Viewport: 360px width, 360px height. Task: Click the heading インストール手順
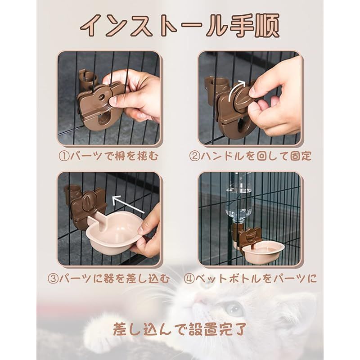(x=180, y=25)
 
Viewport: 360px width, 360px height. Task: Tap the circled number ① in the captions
(x=64, y=157)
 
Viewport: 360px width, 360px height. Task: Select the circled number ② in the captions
(x=195, y=156)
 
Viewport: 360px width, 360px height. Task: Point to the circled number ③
(x=53, y=279)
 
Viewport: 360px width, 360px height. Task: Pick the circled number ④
(x=189, y=279)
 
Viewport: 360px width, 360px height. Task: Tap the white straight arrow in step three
(x=128, y=204)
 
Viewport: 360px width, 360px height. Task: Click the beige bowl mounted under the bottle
(x=264, y=252)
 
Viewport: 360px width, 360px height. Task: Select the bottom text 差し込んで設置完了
(x=180, y=330)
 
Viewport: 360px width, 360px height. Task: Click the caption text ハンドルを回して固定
(x=256, y=156)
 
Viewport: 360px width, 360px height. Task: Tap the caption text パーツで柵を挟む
(x=115, y=157)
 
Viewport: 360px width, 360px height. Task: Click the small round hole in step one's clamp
(x=102, y=98)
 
